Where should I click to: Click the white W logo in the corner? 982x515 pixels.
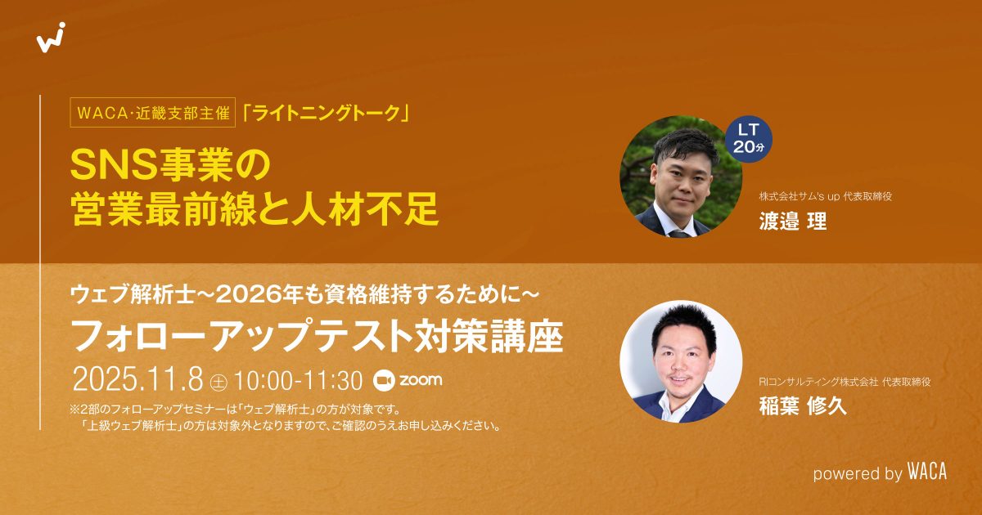tap(51, 38)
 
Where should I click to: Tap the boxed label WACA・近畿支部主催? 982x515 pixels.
tap(152, 114)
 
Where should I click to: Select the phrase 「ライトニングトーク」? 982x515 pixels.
tap(326, 114)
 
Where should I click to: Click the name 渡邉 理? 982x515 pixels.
tap(793, 222)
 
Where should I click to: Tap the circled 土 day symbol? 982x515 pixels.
tap(218, 381)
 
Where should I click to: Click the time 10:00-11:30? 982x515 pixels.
tap(298, 380)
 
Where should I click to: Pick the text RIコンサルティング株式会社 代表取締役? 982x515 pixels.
tap(845, 382)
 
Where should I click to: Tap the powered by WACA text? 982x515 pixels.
tap(879, 472)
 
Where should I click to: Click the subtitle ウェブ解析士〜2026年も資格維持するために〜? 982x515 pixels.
tap(304, 291)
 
